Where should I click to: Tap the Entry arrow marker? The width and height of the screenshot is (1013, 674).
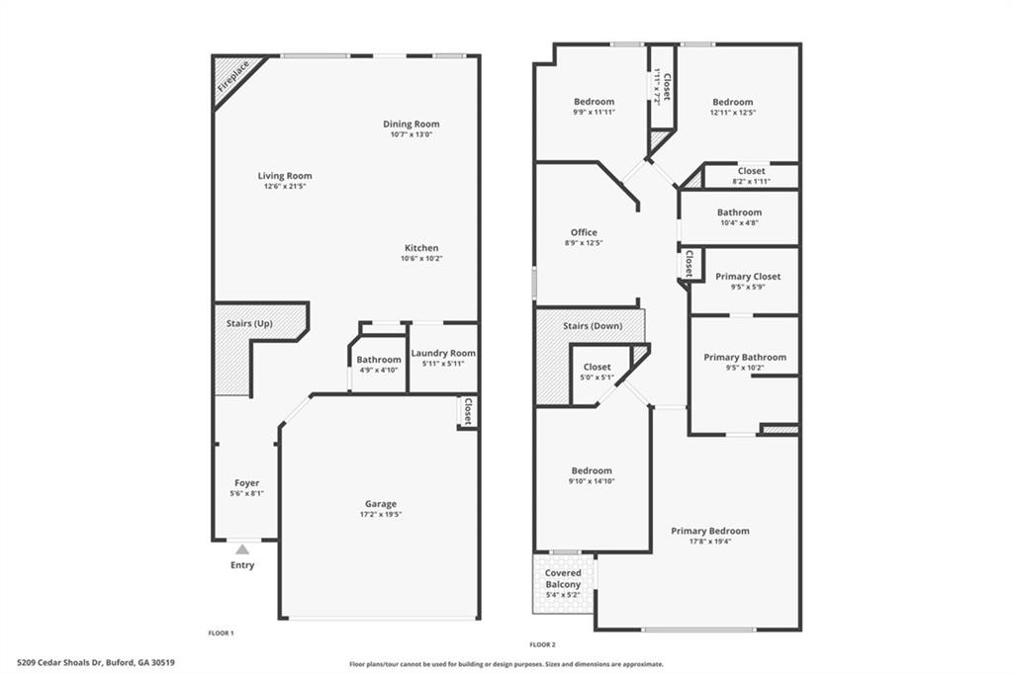click(x=242, y=548)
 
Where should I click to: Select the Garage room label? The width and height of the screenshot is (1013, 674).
click(x=380, y=504)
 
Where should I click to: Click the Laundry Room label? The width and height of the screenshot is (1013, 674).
click(x=443, y=353)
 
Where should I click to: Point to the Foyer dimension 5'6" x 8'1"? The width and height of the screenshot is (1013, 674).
click(x=246, y=493)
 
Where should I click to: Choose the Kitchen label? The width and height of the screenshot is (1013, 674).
click(x=421, y=248)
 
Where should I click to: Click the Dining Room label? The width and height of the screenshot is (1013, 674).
click(x=412, y=124)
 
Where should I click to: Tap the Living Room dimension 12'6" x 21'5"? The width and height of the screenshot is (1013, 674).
click(x=285, y=187)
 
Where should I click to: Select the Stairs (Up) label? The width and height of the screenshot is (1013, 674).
click(x=249, y=323)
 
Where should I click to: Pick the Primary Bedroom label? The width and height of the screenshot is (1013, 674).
click(x=709, y=531)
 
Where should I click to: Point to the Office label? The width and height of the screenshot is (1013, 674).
click(x=584, y=232)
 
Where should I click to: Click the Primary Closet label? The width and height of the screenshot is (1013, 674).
click(x=748, y=277)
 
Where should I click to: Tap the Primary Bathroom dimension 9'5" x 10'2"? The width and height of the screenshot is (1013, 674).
click(x=745, y=368)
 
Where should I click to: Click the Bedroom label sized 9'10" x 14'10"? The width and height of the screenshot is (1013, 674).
click(x=592, y=470)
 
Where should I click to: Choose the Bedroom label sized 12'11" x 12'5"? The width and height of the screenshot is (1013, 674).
click(x=732, y=102)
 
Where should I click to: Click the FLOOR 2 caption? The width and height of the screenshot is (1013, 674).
click(x=543, y=643)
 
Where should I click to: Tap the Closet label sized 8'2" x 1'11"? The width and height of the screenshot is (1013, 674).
click(x=751, y=171)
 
